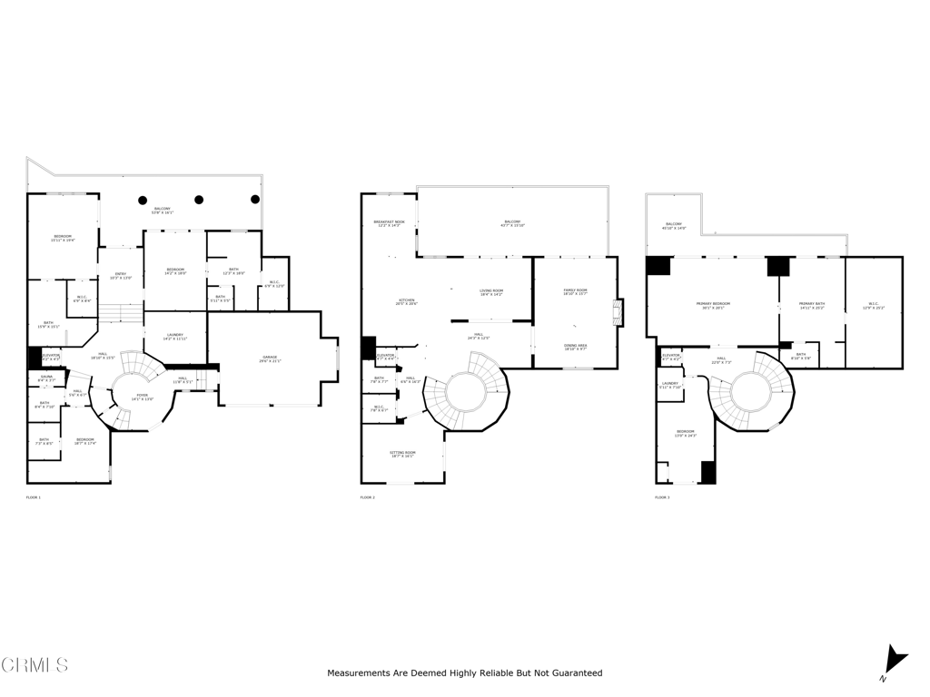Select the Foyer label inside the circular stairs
[x=143, y=397]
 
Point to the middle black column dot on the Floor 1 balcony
[x=199, y=200]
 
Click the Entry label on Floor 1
[x=121, y=276]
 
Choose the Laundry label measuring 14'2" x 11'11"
[x=175, y=337]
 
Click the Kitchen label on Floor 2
[x=406, y=302]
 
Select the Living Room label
[x=490, y=292]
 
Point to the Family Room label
[x=575, y=291]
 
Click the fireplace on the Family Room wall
[x=618, y=313]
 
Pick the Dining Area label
[x=575, y=347]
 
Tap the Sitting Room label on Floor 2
[x=402, y=454]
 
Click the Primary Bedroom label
[x=712, y=306]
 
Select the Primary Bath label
[x=811, y=306]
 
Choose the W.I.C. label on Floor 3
[x=873, y=306]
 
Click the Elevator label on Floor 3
[x=671, y=357]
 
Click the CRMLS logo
[x=35, y=665]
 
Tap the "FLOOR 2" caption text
[x=367, y=498]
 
